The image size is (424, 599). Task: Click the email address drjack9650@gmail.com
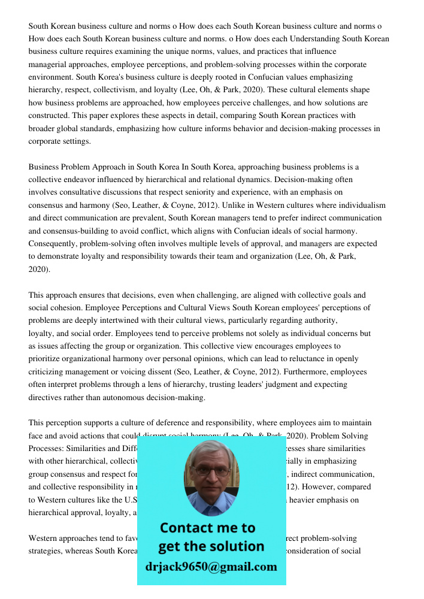click(x=211, y=566)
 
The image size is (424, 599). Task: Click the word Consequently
click(x=53, y=244)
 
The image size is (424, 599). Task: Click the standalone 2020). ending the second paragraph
click(x=40, y=270)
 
